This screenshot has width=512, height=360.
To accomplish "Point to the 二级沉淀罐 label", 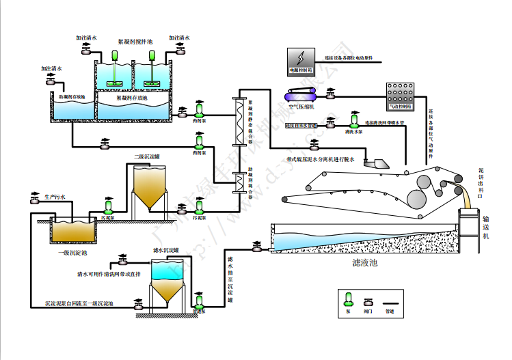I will (147, 157).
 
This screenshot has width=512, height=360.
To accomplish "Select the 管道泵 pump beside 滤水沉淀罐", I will (199, 301).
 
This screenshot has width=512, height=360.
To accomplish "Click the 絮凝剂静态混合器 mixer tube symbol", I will (239, 121).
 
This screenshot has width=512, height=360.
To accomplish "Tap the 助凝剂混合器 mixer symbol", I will (239, 182).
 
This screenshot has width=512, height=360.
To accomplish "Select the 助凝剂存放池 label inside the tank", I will (71, 98).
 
